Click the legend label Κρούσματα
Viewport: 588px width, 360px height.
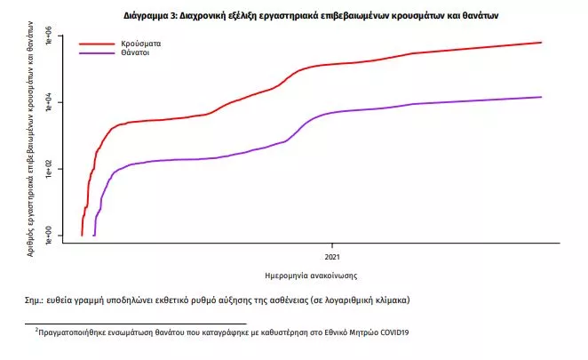(141, 43)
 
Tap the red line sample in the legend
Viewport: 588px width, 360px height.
(98, 43)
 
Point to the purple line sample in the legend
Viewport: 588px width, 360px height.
(98, 53)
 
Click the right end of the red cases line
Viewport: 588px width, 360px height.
(541, 42)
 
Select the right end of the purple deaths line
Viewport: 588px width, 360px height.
(541, 97)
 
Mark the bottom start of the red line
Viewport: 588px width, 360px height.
(82, 235)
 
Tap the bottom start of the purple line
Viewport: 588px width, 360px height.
(94, 235)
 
